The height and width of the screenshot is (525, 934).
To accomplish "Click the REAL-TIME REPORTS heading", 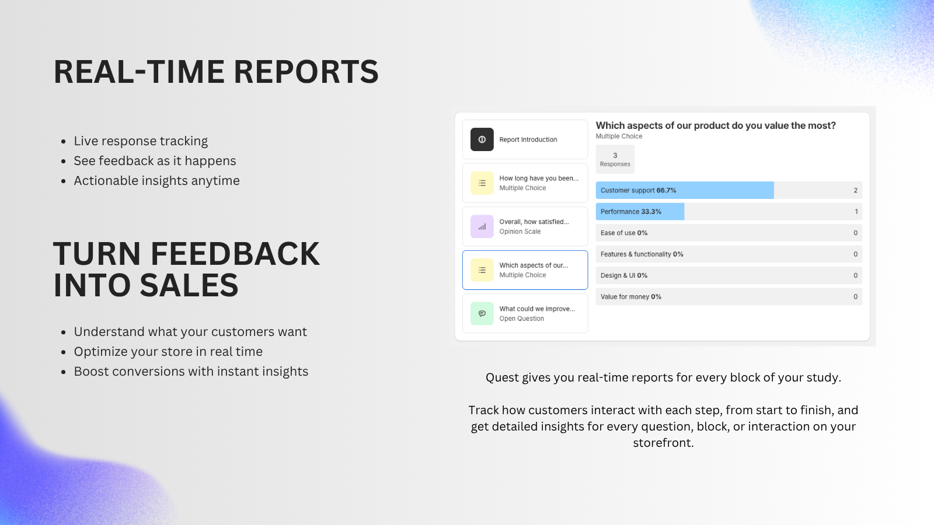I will point(216,72).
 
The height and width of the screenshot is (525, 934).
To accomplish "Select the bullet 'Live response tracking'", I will point(141,141).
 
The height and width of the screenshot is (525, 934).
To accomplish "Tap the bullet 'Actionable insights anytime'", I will point(156,181).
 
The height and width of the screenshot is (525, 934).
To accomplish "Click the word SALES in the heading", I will point(189,285).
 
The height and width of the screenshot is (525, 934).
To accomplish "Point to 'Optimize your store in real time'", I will point(168,352).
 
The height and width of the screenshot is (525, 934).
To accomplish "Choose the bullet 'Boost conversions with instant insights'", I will point(191,372).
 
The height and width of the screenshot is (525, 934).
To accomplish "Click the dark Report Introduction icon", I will point(482,139).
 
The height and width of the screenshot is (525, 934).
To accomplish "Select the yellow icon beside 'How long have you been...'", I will point(482,183).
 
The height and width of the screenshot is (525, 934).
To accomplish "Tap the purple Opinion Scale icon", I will point(482,226).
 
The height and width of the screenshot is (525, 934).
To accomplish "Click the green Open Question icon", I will point(482,313).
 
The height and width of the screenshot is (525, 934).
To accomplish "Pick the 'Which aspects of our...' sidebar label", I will point(534,265).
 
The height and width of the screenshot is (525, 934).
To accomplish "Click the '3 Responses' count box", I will point(615,159).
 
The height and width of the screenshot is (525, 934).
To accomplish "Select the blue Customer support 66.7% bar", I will point(684,190).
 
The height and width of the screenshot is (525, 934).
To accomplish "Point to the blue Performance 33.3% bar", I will point(640,212).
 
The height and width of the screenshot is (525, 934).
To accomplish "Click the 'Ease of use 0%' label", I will point(624,233).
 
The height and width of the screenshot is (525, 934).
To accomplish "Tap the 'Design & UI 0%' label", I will point(624,275).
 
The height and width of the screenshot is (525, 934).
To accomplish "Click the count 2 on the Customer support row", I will point(855,190).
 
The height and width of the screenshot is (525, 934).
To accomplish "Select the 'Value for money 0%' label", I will point(631,297).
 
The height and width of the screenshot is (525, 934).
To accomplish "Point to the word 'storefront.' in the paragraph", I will point(663,443).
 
